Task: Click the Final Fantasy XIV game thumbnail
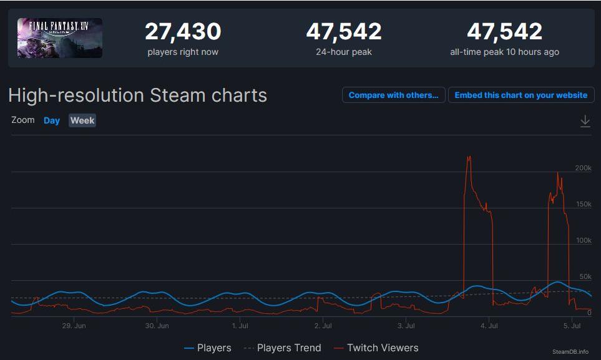coord(60,38)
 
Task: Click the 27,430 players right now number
coord(183,31)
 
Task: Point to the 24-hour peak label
coord(344,52)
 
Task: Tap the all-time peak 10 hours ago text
coord(504,52)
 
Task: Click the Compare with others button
coord(393,95)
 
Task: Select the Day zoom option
coord(52,120)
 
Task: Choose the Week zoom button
coord(82,120)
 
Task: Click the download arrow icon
coord(585,121)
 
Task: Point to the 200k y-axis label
coord(583,168)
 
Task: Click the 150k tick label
coord(583,204)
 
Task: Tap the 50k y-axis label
coord(585,276)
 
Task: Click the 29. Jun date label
coord(74,326)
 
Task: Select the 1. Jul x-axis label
coord(240,326)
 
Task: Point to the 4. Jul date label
coord(489,326)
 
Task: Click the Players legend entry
coord(208,348)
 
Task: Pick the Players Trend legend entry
coord(282,348)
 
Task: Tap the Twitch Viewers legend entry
coord(376,348)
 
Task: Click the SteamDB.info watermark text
coord(570,352)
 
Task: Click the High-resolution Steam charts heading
coord(137,95)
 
